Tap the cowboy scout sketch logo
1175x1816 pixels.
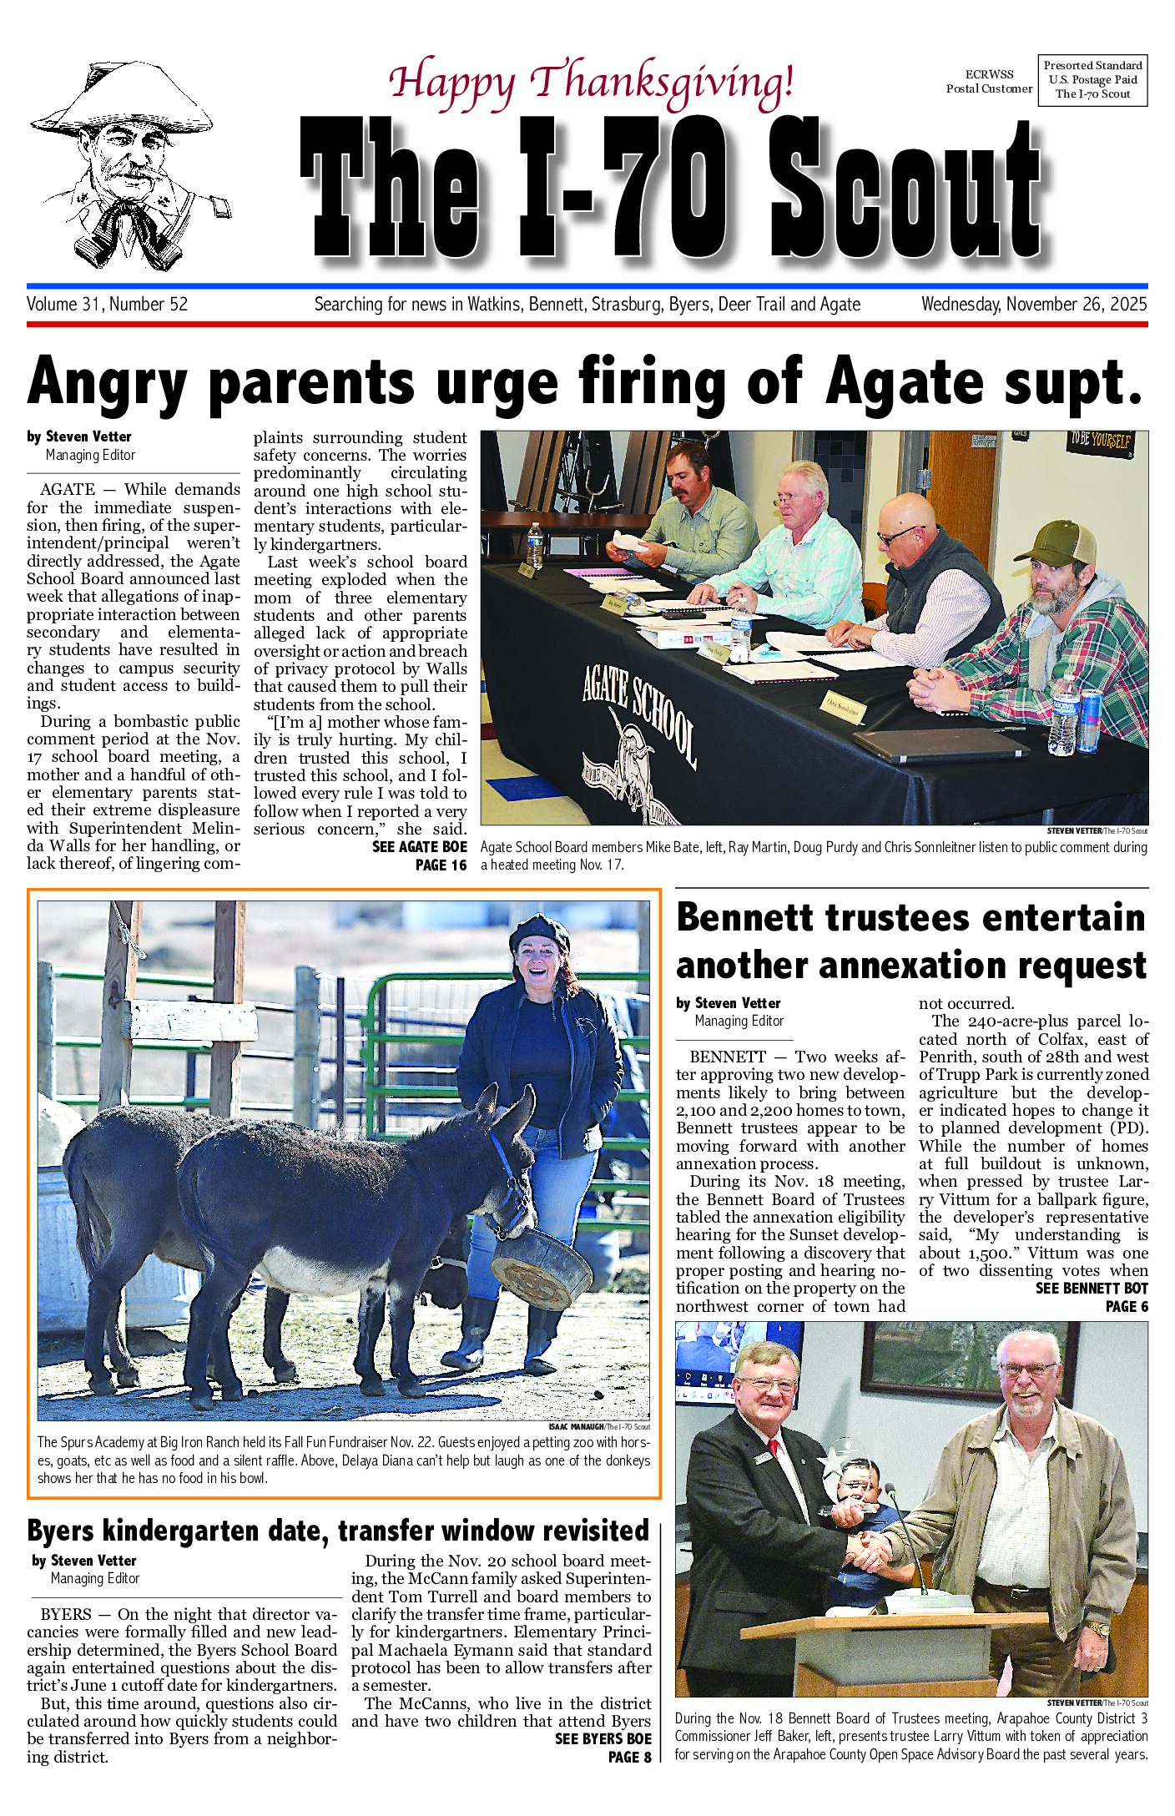pos(129,165)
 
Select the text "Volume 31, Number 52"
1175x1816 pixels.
pos(108,305)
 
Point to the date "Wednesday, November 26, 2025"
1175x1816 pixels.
pos(1033,305)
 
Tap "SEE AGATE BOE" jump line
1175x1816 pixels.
pos(419,846)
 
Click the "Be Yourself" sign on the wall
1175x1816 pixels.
pos(1101,441)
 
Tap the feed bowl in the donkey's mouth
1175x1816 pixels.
pos(541,1267)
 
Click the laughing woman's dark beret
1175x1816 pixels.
pos(540,931)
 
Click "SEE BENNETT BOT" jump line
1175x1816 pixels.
pos(1091,1289)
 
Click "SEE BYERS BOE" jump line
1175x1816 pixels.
pos(603,1738)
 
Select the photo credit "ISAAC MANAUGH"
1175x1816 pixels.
pos(576,1426)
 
